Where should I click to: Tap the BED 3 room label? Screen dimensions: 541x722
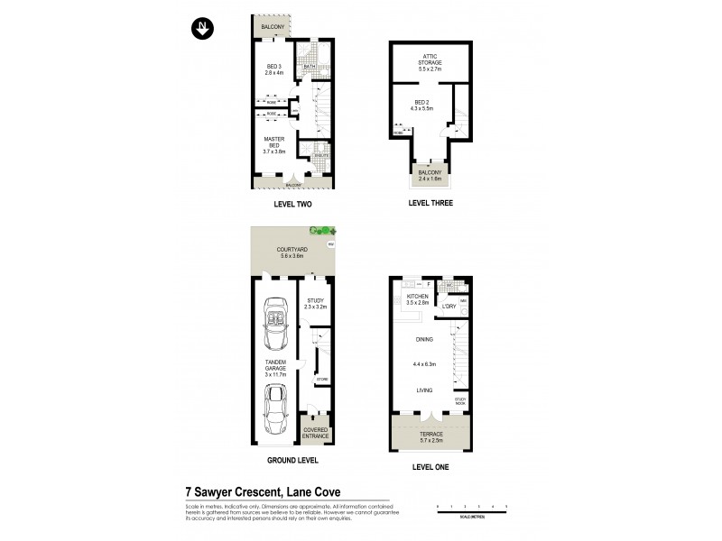(x=274, y=69)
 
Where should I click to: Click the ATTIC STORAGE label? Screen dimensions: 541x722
(x=430, y=60)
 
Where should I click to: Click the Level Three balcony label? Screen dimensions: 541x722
(x=430, y=175)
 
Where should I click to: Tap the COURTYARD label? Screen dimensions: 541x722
(x=292, y=252)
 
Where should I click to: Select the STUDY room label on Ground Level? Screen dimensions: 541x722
(x=315, y=301)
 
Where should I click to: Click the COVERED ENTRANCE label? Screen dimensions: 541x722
(x=316, y=433)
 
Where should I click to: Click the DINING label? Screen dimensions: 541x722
(x=424, y=339)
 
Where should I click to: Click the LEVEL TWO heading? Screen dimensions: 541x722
(x=292, y=204)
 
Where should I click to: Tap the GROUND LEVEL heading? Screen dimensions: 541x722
(x=292, y=460)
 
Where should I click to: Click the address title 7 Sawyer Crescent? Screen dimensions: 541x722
(x=263, y=492)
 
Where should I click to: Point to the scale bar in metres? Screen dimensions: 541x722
(x=472, y=509)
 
